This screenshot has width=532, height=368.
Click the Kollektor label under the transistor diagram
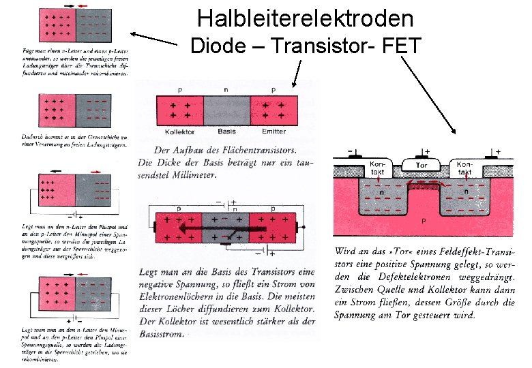coord(181,132)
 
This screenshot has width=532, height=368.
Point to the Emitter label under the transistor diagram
coord(274,132)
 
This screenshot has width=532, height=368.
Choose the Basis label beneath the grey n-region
coord(227,132)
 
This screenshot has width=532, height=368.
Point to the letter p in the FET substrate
coord(423,221)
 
